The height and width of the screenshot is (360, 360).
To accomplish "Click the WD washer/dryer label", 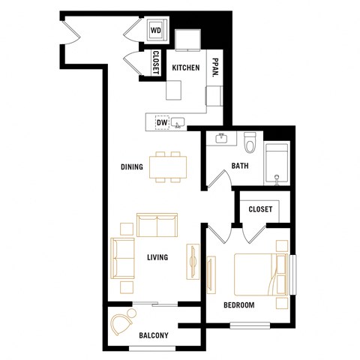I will coord(156,30).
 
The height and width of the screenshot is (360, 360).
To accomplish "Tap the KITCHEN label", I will coord(186,68).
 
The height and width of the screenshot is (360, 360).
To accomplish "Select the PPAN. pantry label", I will coord(214,68).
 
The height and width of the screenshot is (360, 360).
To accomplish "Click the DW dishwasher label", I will coord(161,121).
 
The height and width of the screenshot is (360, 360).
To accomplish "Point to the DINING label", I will coord(133,166).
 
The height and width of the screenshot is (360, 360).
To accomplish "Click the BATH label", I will coord(240,166).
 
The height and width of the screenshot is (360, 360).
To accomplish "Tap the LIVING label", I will coord(157,257).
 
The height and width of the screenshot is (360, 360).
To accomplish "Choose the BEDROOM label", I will coord(239,305).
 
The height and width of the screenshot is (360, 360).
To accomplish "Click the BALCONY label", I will coord(154,335).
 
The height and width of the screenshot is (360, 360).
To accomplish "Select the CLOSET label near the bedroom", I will coord(260,209).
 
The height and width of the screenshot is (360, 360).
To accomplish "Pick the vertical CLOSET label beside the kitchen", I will coord(156,62).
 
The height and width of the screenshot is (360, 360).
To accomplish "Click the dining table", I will coord(167,166).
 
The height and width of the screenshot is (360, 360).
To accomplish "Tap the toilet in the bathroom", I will coord(250,142).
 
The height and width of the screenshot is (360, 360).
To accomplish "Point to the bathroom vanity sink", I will coord(220,139).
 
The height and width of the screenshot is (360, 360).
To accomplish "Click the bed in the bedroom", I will coord(259,273).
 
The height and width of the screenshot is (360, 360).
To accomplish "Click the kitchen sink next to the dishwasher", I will coord(179,122).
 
